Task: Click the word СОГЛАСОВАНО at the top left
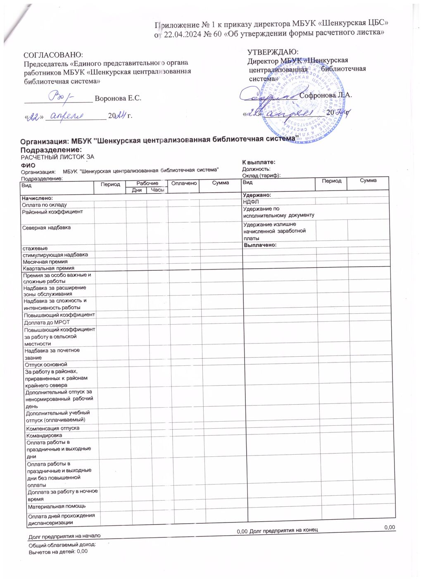coord(53,55)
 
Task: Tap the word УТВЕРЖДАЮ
coord(273,52)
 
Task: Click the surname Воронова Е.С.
coord(118,98)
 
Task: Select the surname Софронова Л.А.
coord(326,95)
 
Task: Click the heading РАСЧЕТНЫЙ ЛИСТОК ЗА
coord(58,157)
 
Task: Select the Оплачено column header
coord(184,183)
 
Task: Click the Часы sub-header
coord(157,190)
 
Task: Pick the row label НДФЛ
coord(251,202)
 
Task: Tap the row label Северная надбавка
coord(46,228)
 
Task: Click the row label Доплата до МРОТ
coord(47,322)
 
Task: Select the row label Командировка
coord(44,435)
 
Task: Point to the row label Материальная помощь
coord(57,506)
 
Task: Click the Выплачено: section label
coord(260,245)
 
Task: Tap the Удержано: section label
coord(257,195)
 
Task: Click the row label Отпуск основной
coord(46,365)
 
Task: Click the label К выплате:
coord(259,162)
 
